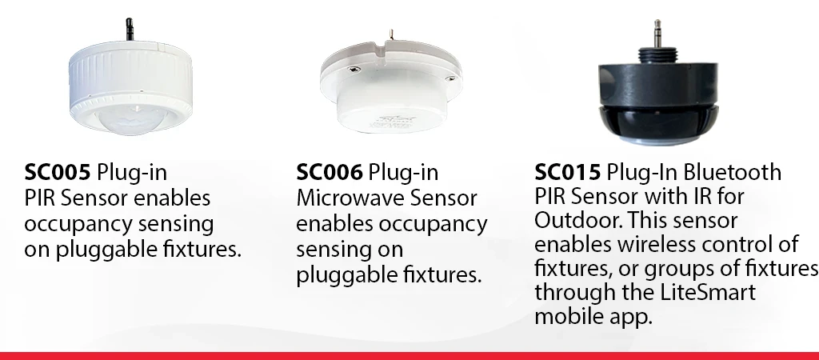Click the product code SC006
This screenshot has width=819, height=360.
(x=328, y=173)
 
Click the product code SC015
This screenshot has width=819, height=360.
(x=566, y=173)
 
